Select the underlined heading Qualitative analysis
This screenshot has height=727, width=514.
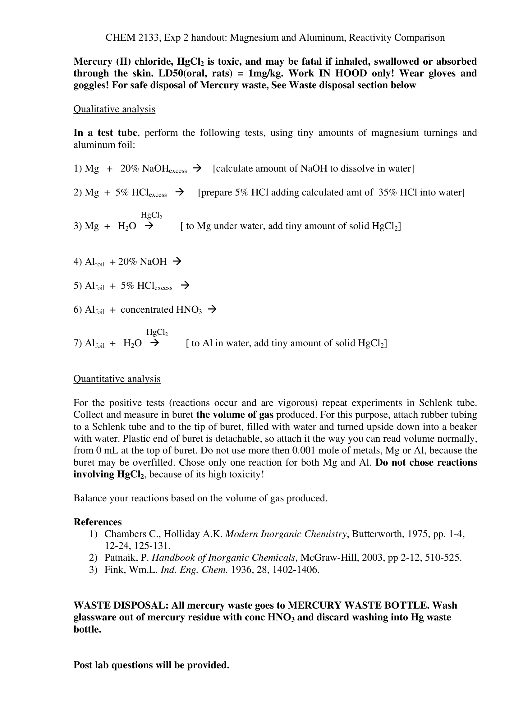coord(114,109)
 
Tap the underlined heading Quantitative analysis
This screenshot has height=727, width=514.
coord(117,379)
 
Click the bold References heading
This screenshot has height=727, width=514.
coord(98,522)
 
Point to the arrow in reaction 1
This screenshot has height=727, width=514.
coord(197,168)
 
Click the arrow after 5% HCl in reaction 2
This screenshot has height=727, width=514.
coord(180,192)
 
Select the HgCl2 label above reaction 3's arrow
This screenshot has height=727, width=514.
coord(151,216)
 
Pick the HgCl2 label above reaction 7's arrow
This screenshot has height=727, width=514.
coord(157,333)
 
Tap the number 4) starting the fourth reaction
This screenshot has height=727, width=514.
coord(78,262)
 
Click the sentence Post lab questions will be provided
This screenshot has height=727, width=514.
coord(151,665)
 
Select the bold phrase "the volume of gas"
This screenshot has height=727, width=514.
coord(235,415)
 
